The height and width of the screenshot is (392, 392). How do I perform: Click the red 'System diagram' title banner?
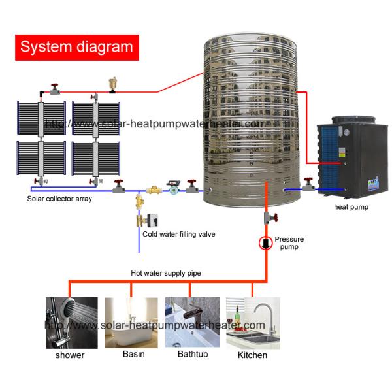pos(77,46)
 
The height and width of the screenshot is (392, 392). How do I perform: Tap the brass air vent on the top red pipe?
pos(112,85)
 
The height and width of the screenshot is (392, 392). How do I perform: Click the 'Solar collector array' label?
pos(59,199)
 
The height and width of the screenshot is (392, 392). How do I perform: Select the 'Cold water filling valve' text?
pos(178,234)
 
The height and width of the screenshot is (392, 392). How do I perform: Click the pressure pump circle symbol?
pos(266,243)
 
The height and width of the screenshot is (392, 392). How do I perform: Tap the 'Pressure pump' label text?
pos(289,244)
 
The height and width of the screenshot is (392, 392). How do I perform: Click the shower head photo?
pos(71,323)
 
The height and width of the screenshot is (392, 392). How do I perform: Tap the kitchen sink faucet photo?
pos(253,323)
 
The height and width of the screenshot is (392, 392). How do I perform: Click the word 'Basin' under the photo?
pos(133,355)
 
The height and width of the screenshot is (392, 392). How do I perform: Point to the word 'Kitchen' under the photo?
pos(252,355)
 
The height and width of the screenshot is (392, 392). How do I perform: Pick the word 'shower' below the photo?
pos(70,355)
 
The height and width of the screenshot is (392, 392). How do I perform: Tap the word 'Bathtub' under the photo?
pos(193,355)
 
